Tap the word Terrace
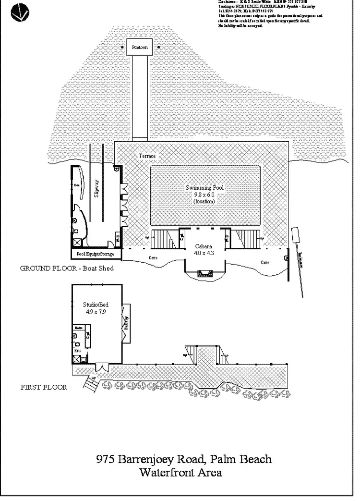147,157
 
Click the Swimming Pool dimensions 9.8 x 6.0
205,195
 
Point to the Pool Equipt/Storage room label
96,254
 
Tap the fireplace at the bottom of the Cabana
204,274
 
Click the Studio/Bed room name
96,305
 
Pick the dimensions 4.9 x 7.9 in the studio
96,311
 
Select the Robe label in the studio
78,328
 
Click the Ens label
77,351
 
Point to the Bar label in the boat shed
76,184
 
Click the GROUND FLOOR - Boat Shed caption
67,269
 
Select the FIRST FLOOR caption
44,387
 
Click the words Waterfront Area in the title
180,473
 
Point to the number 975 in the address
105,459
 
